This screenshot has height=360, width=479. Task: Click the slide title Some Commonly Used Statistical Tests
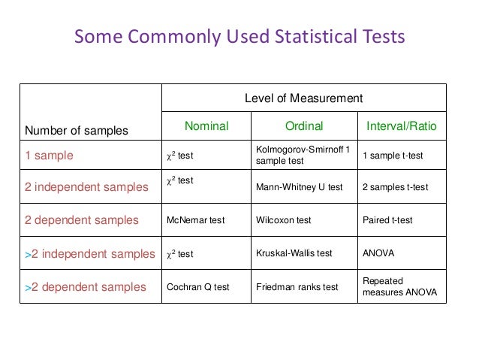click(239, 37)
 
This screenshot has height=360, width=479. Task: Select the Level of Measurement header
click(304, 98)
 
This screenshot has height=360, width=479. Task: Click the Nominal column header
click(206, 126)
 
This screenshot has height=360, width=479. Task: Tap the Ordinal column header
click(304, 126)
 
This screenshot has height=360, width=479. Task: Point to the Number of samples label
click(77, 131)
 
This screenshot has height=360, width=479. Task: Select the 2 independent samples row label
click(87, 187)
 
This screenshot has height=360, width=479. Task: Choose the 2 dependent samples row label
click(82, 220)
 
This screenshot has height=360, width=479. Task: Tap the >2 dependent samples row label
click(85, 286)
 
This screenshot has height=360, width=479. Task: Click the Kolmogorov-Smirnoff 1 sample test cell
click(303, 156)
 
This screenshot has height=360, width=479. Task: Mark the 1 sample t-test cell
click(393, 156)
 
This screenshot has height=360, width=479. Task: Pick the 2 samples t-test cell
click(395, 187)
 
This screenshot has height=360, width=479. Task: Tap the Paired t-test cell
click(387, 220)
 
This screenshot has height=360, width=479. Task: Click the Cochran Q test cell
click(197, 287)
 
